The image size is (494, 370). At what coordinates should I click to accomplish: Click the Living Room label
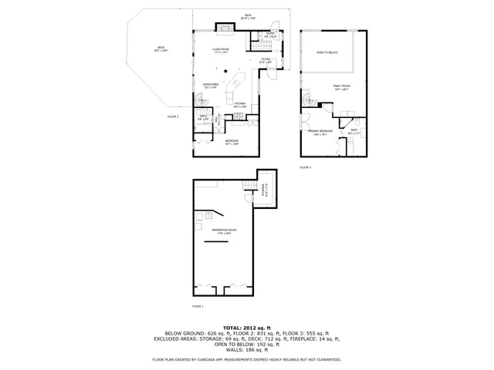point(222,51)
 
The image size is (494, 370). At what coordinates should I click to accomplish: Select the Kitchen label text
point(240,105)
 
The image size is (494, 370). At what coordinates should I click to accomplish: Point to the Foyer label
point(264,60)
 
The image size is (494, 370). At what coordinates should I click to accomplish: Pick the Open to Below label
point(327,52)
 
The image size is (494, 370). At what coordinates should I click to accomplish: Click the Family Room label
point(341,87)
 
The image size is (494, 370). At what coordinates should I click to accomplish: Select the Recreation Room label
point(224,230)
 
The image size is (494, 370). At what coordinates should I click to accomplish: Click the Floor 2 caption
point(173,116)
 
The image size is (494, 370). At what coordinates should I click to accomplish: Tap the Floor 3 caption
point(305,167)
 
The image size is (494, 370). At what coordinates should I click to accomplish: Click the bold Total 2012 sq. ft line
point(247,328)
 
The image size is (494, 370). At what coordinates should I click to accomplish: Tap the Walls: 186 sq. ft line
point(247,351)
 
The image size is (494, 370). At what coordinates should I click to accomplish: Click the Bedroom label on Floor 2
point(232,142)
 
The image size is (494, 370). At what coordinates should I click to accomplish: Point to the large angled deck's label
point(161,49)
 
